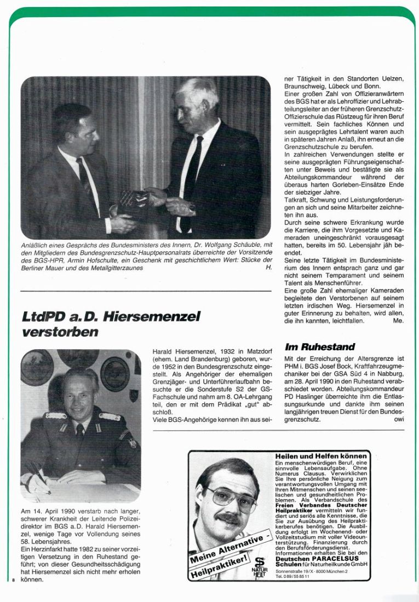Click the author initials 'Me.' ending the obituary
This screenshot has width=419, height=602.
pyautogui.click(x=398, y=321)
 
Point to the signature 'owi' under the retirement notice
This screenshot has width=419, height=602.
pyautogui.click(x=399, y=419)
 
